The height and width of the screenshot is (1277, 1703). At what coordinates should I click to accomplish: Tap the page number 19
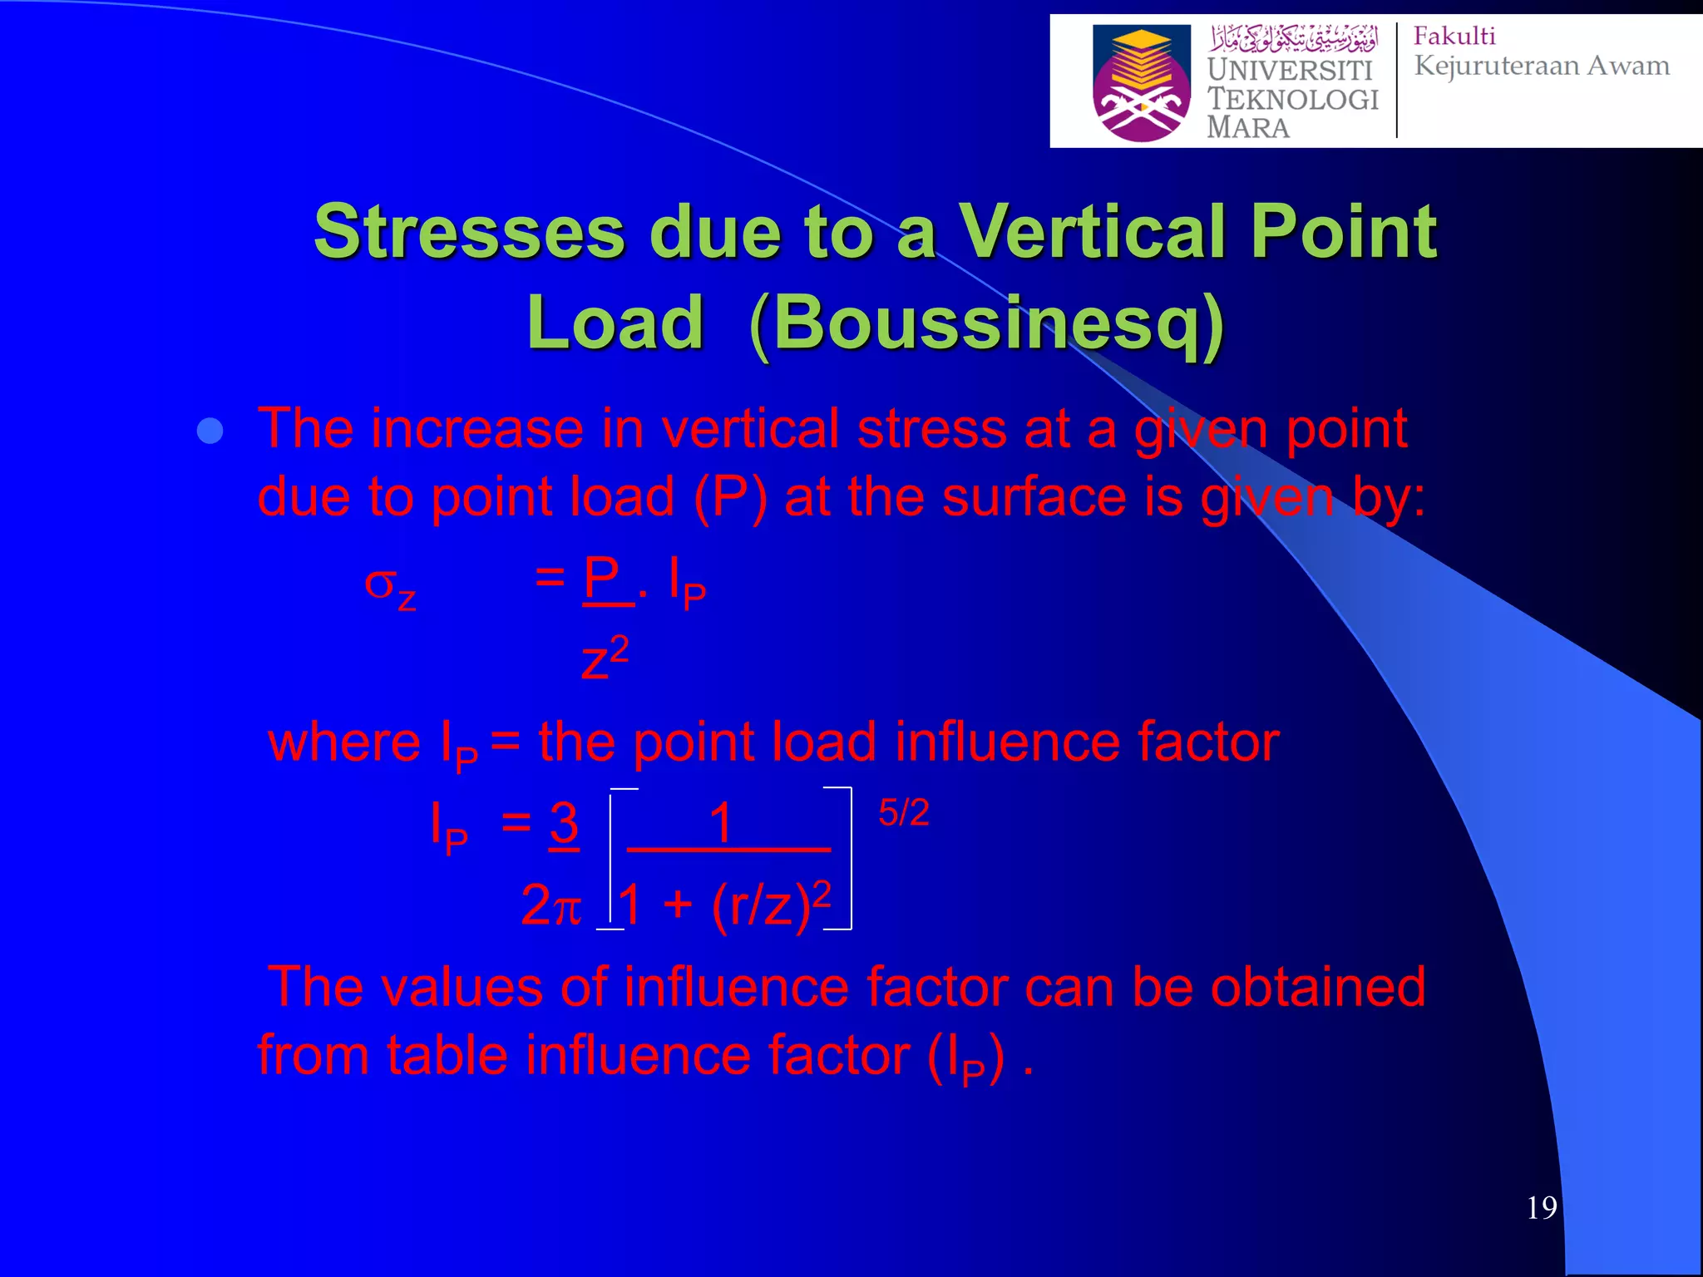[x=1541, y=1207]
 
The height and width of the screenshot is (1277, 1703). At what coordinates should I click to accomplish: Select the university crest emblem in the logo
[x=1141, y=83]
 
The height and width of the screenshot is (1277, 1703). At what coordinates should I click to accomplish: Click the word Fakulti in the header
[x=1454, y=37]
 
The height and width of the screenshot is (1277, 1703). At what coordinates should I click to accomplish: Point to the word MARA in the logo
[x=1247, y=128]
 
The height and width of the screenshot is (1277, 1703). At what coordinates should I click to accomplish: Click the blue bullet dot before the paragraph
[x=210, y=431]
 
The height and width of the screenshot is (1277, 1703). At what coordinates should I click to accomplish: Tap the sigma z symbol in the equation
[x=389, y=586]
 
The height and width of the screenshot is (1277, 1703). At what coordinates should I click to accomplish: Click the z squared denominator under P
[x=605, y=659]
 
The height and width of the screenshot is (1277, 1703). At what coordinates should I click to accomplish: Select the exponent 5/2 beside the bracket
[x=903, y=812]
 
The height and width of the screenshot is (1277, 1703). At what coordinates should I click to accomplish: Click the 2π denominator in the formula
[x=550, y=905]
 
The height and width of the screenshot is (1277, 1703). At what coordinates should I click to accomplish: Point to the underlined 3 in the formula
[x=564, y=823]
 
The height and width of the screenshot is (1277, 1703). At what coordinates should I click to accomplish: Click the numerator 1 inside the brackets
[x=720, y=823]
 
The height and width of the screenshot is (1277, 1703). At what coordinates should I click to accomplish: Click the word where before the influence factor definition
[x=344, y=742]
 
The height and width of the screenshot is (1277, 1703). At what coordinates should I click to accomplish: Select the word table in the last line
[x=447, y=1056]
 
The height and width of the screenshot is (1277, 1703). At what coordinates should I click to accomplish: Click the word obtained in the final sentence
[x=1317, y=988]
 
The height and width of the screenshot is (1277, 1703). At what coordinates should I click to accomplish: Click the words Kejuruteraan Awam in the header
[x=1541, y=66]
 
